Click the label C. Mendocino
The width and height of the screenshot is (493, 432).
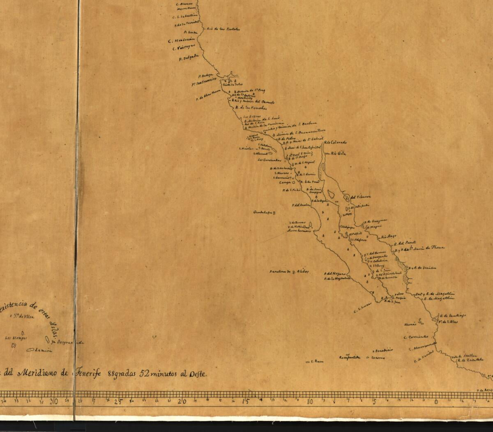tap(182, 41)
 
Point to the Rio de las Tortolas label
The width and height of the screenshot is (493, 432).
tap(223, 29)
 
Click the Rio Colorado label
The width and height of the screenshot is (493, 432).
tap(335, 142)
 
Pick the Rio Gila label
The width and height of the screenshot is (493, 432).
tap(336, 153)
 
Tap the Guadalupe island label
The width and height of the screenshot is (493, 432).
tap(263, 213)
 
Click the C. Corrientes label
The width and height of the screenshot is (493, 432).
tap(416, 337)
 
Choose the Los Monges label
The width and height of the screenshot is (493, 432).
tap(16, 338)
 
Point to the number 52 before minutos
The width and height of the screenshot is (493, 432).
tap(144, 374)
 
